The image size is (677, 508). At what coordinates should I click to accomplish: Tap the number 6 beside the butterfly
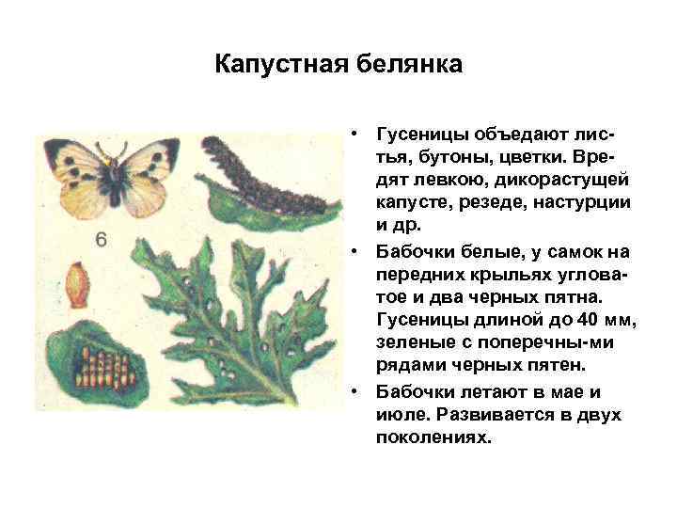102,240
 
